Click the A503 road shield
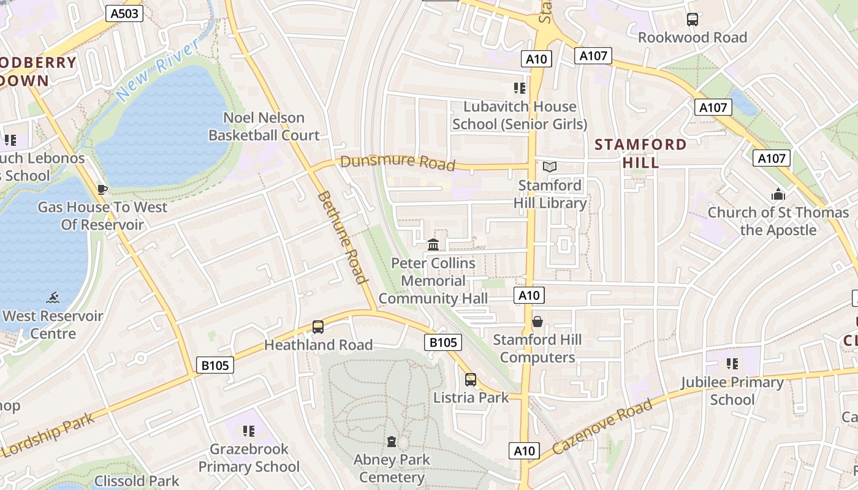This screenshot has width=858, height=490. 124,13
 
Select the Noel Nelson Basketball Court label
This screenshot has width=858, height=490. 264,126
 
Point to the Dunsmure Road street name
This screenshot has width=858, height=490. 398,163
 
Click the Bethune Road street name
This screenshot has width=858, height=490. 343,238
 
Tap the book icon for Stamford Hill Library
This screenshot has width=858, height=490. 550,167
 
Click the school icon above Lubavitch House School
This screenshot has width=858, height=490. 520,88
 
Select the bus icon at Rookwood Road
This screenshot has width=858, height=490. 693,20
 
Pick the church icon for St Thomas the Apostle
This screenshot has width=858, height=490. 778,195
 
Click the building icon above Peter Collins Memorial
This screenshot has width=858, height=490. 433,245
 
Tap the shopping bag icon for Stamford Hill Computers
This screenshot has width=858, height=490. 537,322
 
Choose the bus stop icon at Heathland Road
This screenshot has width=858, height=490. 318,327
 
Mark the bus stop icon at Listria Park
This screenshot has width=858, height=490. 471,380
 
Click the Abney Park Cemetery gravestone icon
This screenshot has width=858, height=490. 392,442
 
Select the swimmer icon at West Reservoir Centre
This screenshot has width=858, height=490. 53,298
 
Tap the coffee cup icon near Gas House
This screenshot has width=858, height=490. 102,189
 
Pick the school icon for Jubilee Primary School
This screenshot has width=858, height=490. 732,364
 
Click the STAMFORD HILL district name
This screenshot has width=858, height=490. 641,153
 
